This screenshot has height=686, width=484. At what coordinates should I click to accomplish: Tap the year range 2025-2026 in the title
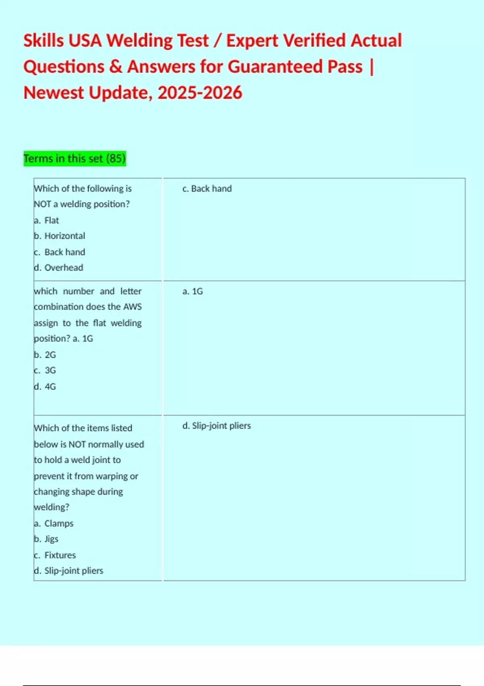coord(200,93)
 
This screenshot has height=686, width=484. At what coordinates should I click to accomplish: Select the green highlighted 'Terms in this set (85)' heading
coord(75,158)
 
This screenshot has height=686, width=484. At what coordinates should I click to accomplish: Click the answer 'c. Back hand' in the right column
coord(207,188)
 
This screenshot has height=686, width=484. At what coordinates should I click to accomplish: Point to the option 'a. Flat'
coord(46,220)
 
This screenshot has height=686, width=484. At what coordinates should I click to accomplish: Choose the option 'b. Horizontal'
coord(60,236)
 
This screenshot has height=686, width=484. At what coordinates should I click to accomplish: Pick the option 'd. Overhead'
coord(58,268)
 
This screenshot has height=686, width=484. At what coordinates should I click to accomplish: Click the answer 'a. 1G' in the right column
coord(192,291)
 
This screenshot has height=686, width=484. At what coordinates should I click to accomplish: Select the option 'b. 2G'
coord(45,355)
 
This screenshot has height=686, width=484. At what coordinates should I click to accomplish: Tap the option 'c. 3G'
coord(45,370)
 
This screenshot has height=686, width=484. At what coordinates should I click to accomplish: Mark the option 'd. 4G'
coord(45,387)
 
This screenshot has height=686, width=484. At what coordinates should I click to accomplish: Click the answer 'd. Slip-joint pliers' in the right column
coord(216,426)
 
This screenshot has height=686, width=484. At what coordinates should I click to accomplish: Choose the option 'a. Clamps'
coord(54,523)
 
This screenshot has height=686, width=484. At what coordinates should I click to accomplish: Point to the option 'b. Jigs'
coord(46,539)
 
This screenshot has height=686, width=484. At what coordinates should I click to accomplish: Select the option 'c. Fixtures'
coord(55,555)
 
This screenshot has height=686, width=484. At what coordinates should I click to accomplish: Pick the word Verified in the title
coord(314,41)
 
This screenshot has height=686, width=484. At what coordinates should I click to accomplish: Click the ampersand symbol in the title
coord(115,67)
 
